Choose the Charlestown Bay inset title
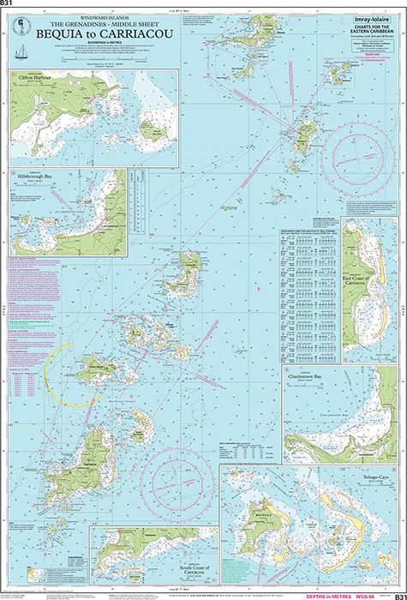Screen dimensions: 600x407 coord(314,375)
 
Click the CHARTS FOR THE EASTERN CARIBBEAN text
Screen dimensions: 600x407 coord(368,33)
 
